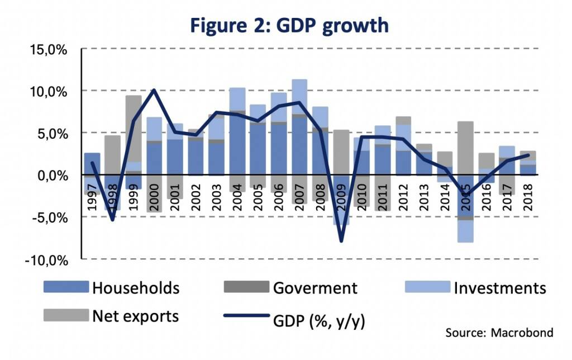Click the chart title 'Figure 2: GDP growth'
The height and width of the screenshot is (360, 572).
[288, 26]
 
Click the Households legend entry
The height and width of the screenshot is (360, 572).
[136, 288]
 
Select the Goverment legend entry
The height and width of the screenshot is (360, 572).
[315, 288]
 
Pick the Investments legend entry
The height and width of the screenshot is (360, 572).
[499, 288]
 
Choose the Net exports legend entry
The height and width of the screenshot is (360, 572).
[135, 316]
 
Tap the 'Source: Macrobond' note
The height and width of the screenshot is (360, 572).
[499, 333]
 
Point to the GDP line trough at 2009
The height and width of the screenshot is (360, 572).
[341, 241]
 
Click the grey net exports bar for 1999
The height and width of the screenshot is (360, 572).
[133, 129]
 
